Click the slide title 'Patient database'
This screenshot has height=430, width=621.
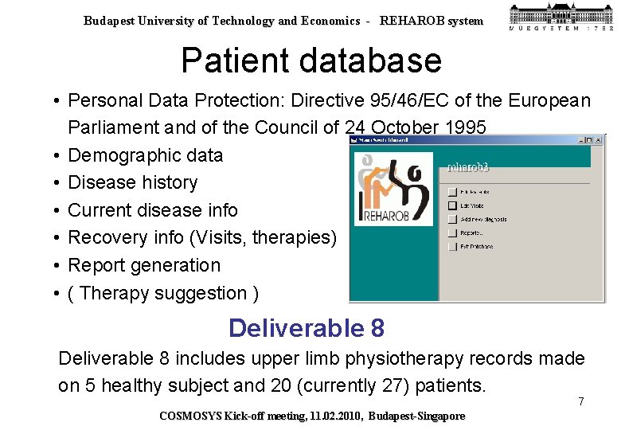pyautogui.click(x=310, y=61)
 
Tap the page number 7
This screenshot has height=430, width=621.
pyautogui.click(x=581, y=401)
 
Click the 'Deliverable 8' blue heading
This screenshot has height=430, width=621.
pyautogui.click(x=307, y=327)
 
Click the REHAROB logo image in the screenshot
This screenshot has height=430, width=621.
pyautogui.click(x=393, y=189)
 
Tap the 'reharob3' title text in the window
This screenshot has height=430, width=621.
pyautogui.click(x=467, y=167)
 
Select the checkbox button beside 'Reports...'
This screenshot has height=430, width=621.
pyautogui.click(x=452, y=233)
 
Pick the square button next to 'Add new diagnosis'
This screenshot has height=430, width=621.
pyautogui.click(x=452, y=219)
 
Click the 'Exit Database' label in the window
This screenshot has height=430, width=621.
pyautogui.click(x=476, y=247)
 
